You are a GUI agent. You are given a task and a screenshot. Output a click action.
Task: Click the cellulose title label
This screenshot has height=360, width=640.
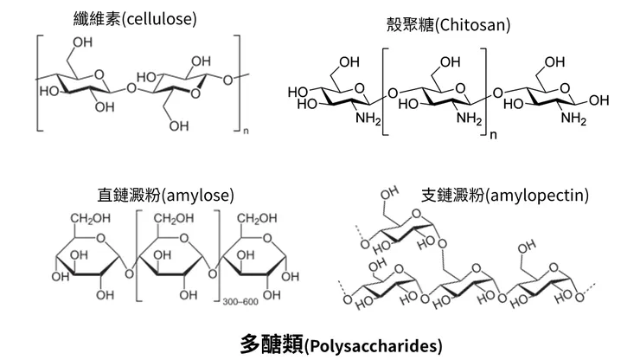pos(141,17)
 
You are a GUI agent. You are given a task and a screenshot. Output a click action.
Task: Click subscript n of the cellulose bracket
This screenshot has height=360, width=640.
pos(245,132)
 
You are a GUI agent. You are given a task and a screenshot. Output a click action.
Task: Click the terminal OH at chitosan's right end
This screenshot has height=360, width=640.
pos(598,100)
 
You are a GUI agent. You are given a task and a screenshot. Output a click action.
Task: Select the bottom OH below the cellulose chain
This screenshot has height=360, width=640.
pos(179,126)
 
